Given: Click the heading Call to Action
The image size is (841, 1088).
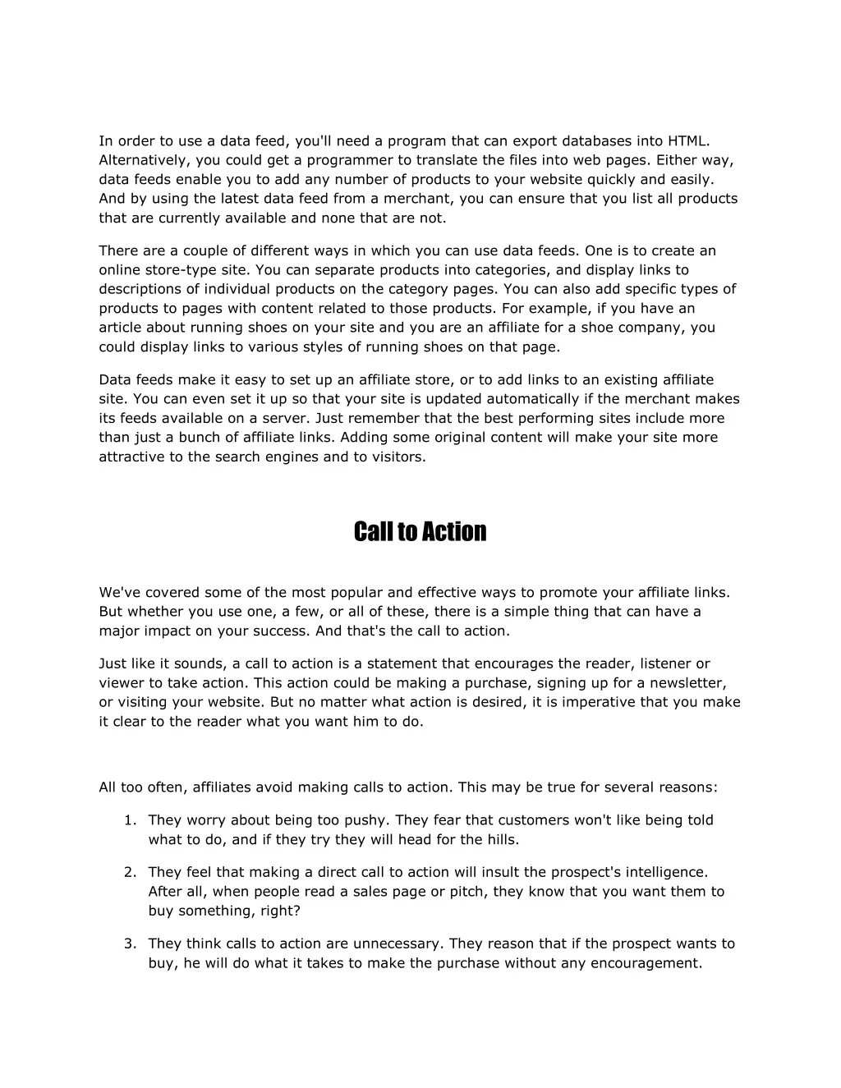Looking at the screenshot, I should (x=420, y=532).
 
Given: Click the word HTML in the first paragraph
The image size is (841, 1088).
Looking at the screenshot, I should (x=687, y=141).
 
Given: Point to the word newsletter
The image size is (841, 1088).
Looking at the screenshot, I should (x=688, y=683).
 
